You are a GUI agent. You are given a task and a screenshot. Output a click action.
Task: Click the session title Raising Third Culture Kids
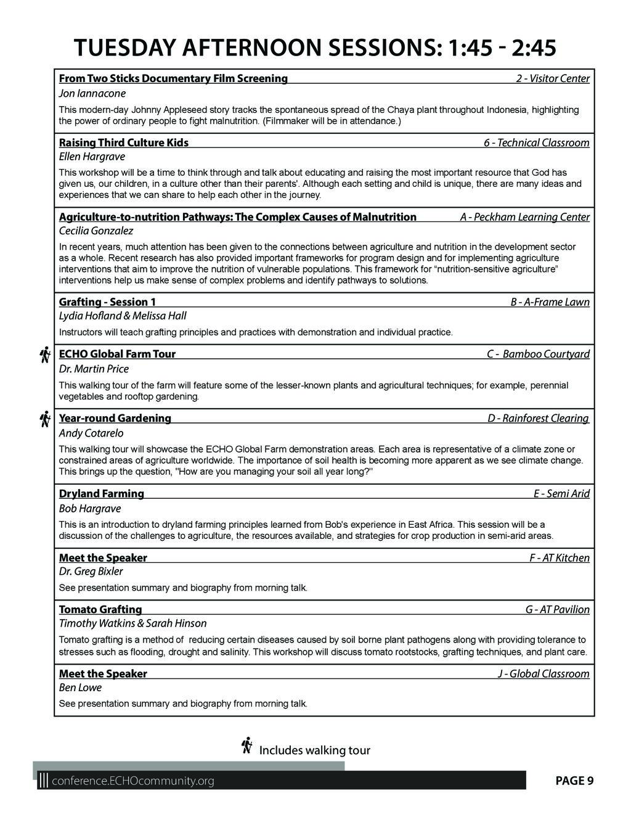[x=123, y=143]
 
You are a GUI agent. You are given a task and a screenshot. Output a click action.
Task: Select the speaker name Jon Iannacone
[x=92, y=94]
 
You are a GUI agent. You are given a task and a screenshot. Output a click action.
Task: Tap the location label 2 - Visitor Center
[x=552, y=79]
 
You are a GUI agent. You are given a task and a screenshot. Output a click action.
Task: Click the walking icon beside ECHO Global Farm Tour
[x=44, y=355]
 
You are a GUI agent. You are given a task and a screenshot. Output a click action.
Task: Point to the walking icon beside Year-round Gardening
[x=44, y=419]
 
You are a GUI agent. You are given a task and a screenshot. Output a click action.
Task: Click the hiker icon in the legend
[x=247, y=745]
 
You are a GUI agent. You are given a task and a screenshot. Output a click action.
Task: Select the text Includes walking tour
[x=314, y=750]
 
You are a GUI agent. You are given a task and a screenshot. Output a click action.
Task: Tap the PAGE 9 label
[x=574, y=781]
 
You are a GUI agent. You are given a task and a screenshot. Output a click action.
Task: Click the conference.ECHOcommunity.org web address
[x=134, y=781]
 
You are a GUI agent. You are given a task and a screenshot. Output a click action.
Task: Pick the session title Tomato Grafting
[x=100, y=610]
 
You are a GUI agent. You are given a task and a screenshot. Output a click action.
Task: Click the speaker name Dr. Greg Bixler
[x=91, y=572]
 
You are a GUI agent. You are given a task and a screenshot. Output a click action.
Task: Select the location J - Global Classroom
[x=543, y=674]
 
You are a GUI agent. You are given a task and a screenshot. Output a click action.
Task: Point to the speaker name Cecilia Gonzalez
[x=96, y=231]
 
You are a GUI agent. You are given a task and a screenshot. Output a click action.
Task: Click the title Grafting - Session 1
[x=107, y=302]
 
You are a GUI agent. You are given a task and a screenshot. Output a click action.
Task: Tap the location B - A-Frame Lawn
[x=550, y=302]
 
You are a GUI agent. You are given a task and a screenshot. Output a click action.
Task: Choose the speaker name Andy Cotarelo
[x=91, y=433]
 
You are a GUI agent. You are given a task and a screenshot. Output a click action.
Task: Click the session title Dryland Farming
[x=101, y=494]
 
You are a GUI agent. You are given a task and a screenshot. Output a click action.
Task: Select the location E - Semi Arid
[x=561, y=494]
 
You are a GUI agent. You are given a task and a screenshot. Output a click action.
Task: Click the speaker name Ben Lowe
[x=80, y=688]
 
